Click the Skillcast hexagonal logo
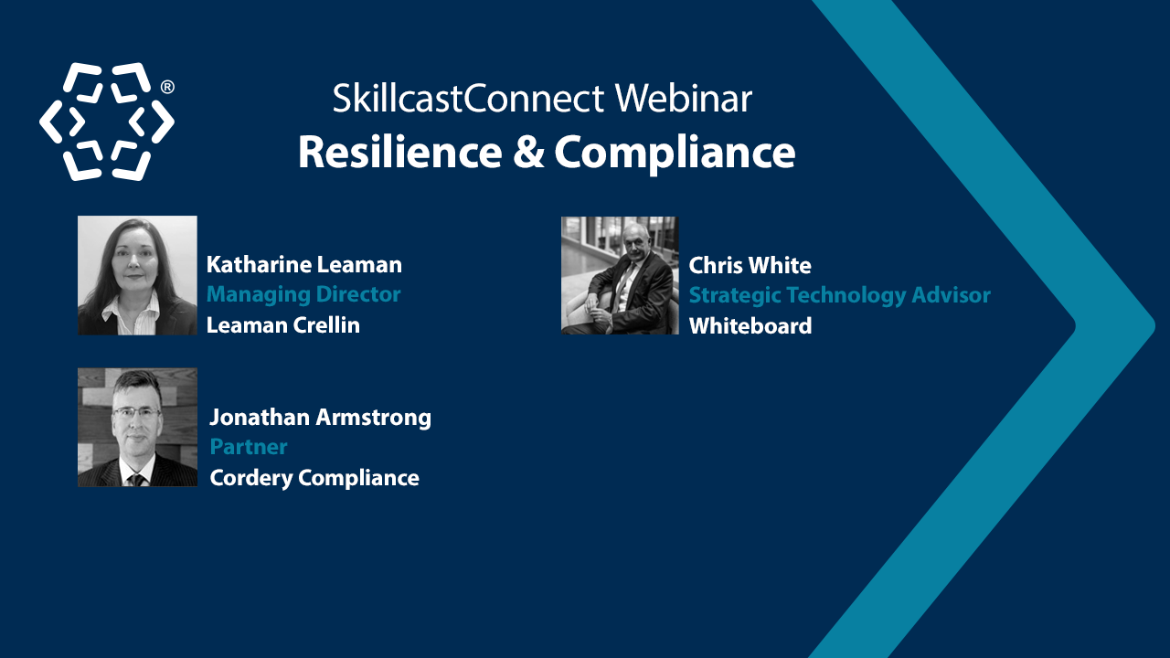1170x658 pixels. [x=106, y=122]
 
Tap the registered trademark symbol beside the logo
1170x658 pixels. [x=167, y=87]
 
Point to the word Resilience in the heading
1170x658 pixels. [x=399, y=152]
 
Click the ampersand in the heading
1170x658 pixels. [x=527, y=152]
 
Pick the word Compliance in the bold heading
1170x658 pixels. [x=675, y=154]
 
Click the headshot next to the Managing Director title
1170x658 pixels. [x=137, y=275]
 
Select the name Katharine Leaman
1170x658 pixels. [x=304, y=265]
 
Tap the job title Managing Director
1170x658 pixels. [x=303, y=294]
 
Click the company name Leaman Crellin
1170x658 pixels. [x=283, y=324]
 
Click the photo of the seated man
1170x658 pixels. [x=620, y=275]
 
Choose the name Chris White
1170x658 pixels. [x=750, y=266]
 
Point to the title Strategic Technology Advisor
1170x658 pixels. [x=839, y=295]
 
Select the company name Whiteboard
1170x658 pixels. [x=750, y=325]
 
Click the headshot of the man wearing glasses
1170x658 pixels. [x=137, y=427]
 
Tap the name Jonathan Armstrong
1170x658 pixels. [x=320, y=418]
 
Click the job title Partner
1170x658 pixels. [x=249, y=447]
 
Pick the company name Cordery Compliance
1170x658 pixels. [x=314, y=477]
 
